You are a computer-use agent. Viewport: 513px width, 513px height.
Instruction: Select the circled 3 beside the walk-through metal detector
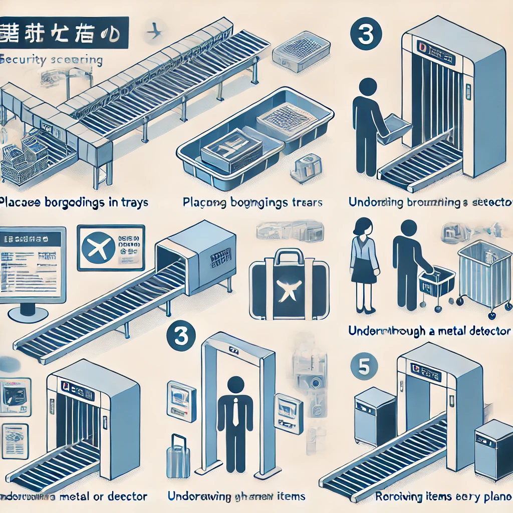180,336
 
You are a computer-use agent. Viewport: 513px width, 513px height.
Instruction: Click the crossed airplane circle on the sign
98,248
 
